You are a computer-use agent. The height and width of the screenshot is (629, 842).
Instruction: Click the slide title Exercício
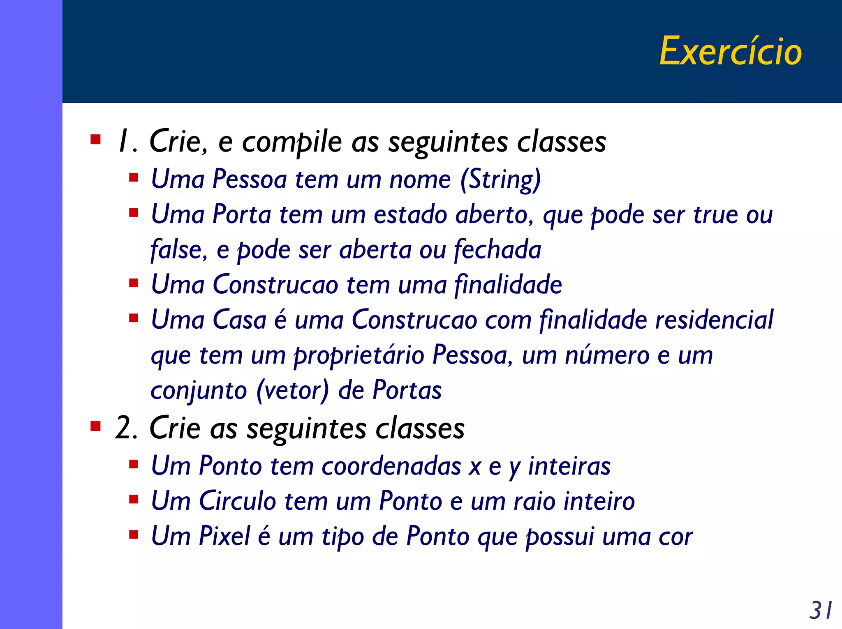pos(731,51)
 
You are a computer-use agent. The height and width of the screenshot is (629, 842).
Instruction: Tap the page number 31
pos(821,611)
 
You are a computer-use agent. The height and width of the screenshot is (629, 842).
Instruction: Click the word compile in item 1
pos(292,142)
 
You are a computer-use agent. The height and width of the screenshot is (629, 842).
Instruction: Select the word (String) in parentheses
pos(500,180)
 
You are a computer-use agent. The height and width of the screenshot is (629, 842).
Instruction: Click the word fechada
pos(497,250)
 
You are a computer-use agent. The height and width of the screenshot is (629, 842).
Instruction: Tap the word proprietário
pos(359,355)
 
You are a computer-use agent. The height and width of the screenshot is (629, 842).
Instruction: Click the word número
pos(606,355)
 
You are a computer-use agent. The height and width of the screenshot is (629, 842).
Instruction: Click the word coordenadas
pos(391,466)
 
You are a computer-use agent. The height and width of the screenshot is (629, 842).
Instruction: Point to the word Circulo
pos(237,501)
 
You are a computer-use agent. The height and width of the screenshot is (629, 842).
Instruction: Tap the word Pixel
pos(224,536)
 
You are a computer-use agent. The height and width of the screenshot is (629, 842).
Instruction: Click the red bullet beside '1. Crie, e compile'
pos(95,140)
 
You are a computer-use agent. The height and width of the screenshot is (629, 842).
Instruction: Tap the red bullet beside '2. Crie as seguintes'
pos(95,427)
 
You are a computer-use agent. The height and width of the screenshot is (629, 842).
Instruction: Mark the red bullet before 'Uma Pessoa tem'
pos(133,178)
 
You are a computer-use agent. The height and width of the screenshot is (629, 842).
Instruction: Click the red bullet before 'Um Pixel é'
pos(133,535)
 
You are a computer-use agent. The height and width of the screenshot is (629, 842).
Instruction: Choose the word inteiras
pos(569,466)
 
